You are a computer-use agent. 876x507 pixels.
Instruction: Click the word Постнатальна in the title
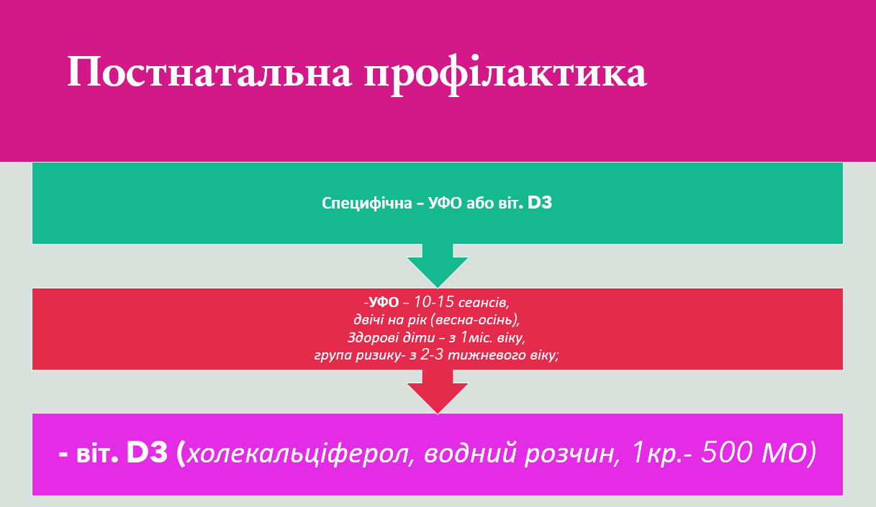tap(209, 72)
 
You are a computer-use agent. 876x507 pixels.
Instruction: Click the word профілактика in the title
tap(505, 74)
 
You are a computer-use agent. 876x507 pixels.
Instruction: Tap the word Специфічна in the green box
tap(367, 204)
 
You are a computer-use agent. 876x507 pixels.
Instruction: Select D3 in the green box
tap(540, 203)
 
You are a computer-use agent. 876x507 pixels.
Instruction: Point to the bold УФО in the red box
tap(384, 302)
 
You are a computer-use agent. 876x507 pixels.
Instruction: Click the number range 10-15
tap(433, 301)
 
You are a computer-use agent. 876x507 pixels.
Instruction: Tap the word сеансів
tap(484, 303)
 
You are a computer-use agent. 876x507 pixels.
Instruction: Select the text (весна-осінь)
tap(475, 320)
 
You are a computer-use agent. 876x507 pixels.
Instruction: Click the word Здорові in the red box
tap(371, 337)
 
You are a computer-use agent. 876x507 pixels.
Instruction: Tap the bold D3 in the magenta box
tap(147, 453)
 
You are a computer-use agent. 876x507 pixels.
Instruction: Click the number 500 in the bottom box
tap(726, 453)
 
